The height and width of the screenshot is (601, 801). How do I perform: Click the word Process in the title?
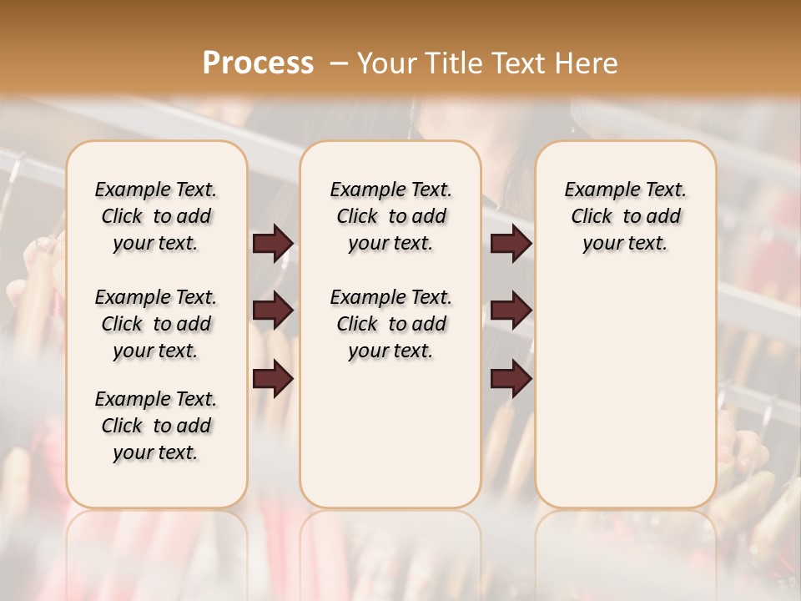pos(258,63)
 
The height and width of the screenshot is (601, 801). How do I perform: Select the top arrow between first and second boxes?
pos(273,243)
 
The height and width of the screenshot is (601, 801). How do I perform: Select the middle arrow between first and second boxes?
pos(273,311)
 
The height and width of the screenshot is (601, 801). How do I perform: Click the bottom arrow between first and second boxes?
pos(273,379)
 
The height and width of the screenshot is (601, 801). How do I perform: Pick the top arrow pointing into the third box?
pos(511,243)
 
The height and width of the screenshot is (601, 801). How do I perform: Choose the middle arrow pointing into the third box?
pos(511,311)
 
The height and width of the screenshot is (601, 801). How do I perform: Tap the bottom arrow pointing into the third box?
pos(511,379)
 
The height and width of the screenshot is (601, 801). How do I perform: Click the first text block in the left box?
pos(156,216)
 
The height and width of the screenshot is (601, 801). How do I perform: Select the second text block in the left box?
pos(156,324)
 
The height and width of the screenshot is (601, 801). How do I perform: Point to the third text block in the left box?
pos(156,426)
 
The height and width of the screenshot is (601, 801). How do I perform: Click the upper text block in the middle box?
pos(390,216)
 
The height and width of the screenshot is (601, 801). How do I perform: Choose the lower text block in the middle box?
pos(390,324)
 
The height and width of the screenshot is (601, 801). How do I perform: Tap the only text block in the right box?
pos(625,216)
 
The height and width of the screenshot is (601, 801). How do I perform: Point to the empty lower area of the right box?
pos(625,392)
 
